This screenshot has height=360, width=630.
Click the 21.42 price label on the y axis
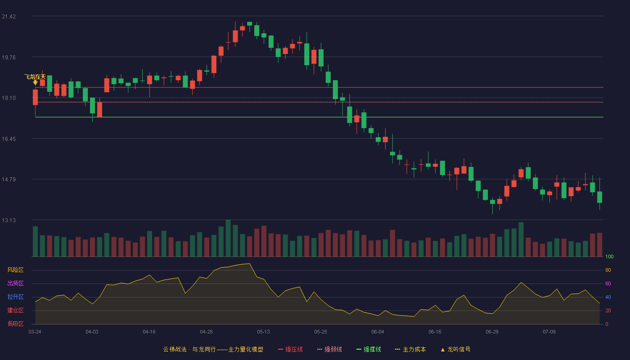[x=9, y=17]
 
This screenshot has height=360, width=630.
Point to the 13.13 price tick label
[x=9, y=220]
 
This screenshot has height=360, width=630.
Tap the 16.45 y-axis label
[x=9, y=139]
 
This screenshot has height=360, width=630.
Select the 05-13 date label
[x=263, y=332]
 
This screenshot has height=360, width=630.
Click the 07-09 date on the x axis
[x=549, y=332]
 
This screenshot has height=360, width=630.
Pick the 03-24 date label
[x=35, y=332]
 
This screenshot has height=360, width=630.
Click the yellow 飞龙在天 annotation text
[x=35, y=77]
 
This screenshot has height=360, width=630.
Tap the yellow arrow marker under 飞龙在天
[x=35, y=82]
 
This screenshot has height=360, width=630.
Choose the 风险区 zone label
[x=15, y=270]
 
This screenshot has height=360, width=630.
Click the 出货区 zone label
[x=15, y=283]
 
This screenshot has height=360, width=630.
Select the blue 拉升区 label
[x=15, y=297]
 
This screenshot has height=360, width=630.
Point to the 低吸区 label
[x=15, y=324]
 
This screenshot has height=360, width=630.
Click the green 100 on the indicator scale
[x=609, y=256]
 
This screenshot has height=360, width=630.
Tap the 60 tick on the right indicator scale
[x=608, y=283]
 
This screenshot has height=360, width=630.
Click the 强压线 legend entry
[x=291, y=349]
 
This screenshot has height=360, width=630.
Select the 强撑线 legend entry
[x=369, y=349]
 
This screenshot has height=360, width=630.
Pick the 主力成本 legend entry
[x=410, y=349]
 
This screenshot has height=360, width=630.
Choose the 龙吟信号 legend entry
[x=455, y=349]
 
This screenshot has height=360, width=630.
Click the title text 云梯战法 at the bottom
[x=175, y=349]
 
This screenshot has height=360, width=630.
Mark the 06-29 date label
[x=492, y=332]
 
